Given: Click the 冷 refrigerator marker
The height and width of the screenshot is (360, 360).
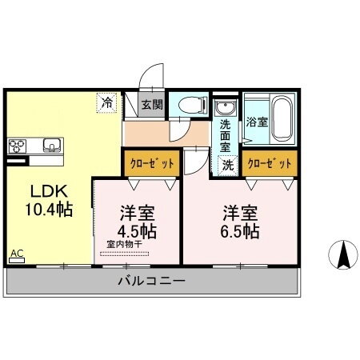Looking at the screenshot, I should tap(106, 102).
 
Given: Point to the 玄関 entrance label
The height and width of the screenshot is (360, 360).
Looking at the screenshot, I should tap(152, 103).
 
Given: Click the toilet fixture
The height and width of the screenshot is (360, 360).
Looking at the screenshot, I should tap(190, 105).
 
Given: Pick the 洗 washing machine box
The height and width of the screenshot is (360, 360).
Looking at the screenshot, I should tap(228, 165).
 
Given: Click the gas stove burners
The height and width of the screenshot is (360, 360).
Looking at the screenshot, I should tap(18, 146).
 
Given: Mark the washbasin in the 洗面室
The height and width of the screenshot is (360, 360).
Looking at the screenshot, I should tap(225, 109).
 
